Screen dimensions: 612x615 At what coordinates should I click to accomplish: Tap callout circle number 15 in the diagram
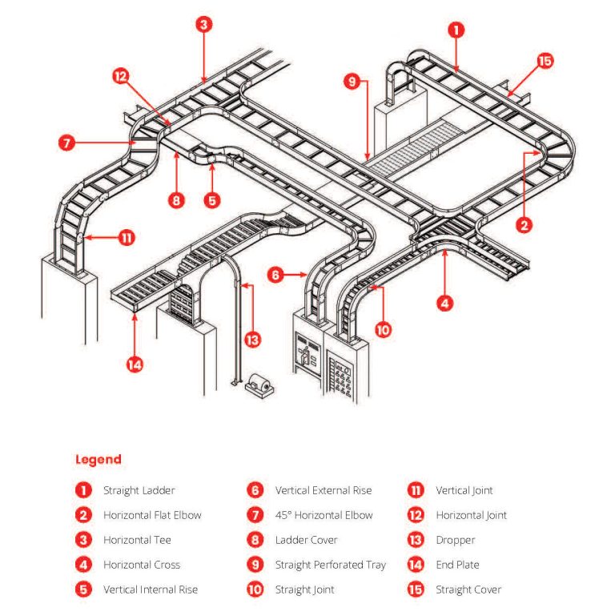545,61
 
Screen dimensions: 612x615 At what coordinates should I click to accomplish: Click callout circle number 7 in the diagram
67,144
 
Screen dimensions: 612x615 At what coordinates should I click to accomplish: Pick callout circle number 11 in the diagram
126,237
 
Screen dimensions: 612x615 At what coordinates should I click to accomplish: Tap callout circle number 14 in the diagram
134,364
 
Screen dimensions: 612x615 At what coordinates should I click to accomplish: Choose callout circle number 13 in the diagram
252,339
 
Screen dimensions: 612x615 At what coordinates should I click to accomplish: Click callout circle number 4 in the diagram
445,303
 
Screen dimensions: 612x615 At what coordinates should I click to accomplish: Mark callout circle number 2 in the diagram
525,225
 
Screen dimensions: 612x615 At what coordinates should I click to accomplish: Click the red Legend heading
98,459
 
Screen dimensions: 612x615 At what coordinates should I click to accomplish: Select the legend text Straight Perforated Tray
330,565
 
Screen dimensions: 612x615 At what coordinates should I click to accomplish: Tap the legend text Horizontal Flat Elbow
152,515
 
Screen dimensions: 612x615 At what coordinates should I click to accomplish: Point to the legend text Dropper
455,540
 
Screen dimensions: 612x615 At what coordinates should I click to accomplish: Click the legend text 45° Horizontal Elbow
324,515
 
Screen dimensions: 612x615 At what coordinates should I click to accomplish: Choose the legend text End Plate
457,565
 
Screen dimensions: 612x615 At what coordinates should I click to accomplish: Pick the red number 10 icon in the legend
255,590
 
